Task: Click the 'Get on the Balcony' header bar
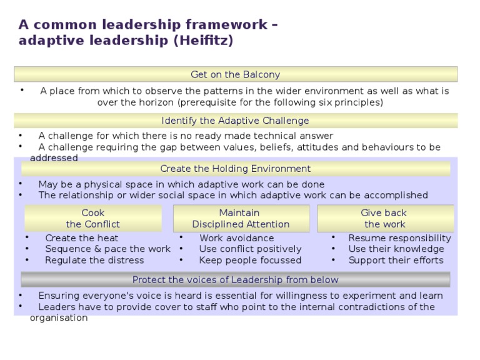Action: pos(236,74)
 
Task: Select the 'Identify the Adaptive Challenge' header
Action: pos(236,121)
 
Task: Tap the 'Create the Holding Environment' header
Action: pos(236,169)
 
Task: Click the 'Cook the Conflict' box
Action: pos(93,219)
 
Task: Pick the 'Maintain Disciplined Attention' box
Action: pos(241,219)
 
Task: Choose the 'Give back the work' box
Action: pos(385,219)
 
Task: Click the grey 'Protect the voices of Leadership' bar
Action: pos(236,279)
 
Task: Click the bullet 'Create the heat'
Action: pos(81,238)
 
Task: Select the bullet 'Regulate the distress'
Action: pos(94,260)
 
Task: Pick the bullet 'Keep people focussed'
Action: pos(250,260)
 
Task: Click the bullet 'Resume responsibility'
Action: pos(399,238)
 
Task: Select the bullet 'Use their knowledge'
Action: pos(396,249)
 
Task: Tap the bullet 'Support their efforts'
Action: pos(396,260)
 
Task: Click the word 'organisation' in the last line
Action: pos(59,317)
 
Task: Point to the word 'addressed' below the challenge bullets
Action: pos(54,158)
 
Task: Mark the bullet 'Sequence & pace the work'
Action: pos(107,249)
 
